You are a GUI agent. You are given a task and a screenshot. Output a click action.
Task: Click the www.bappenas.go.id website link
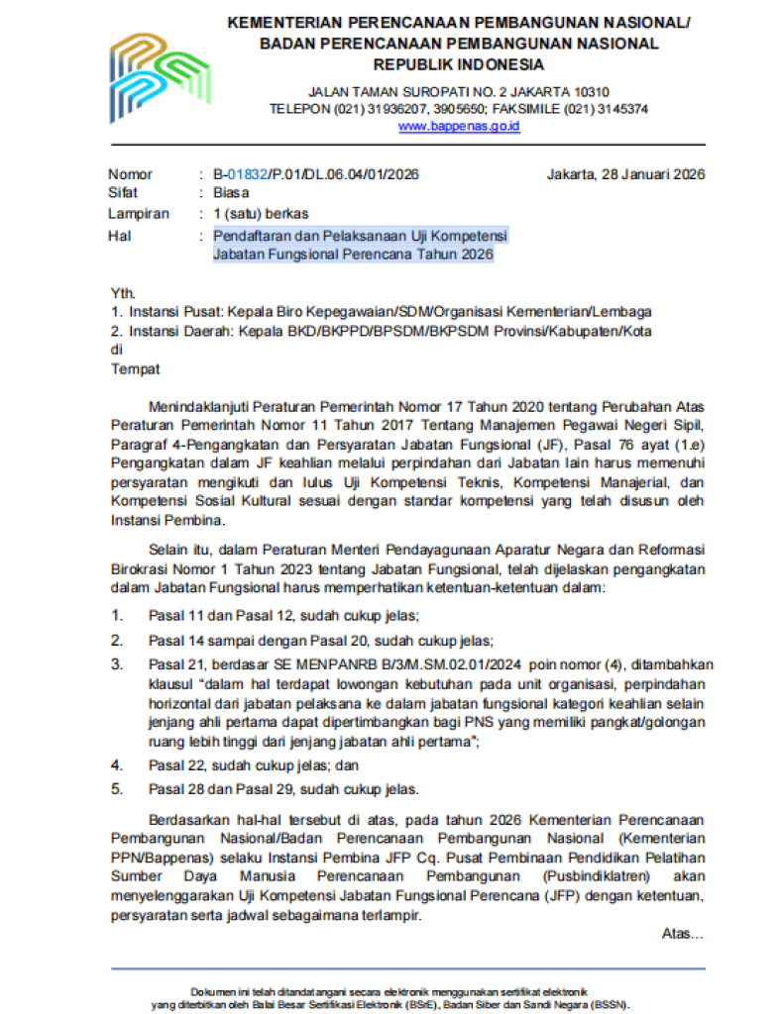(x=459, y=126)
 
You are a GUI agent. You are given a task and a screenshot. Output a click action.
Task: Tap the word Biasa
(x=231, y=193)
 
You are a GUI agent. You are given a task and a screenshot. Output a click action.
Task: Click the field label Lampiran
(x=138, y=213)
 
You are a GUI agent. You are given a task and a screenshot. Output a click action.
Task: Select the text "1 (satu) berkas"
(x=261, y=213)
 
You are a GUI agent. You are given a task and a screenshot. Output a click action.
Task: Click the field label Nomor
(x=130, y=174)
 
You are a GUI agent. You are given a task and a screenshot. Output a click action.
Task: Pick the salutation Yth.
(x=122, y=292)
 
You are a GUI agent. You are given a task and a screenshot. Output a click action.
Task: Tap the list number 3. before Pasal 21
(x=116, y=663)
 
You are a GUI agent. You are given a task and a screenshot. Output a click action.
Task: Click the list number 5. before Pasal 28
(x=116, y=789)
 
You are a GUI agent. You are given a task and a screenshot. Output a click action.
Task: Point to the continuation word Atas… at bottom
(x=682, y=934)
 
